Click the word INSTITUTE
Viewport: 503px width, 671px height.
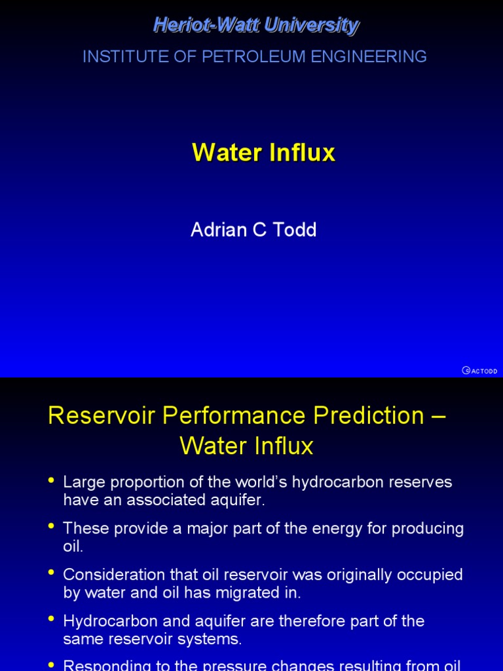click(x=122, y=57)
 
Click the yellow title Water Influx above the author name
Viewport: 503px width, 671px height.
click(x=263, y=153)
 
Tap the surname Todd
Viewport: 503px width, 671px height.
click(x=295, y=230)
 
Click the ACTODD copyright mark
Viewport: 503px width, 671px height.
click(x=479, y=370)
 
